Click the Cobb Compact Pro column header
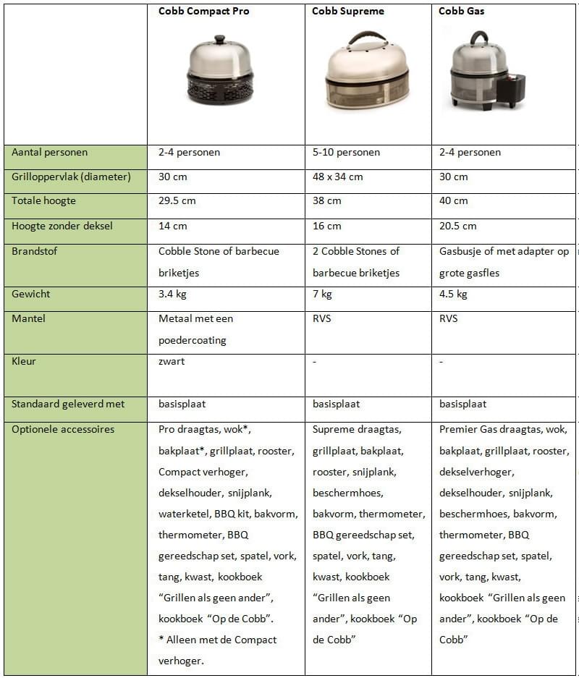pos(203,12)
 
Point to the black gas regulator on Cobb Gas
pos(512,89)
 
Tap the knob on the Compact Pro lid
pos(220,39)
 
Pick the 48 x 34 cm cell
pos(338,177)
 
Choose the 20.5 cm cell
pos(458,226)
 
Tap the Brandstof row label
pos(35,251)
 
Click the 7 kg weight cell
pos(322,294)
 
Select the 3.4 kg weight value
pos(174,294)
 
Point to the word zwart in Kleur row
pos(172,361)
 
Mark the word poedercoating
pos(193,340)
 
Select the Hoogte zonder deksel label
pos(62,226)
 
